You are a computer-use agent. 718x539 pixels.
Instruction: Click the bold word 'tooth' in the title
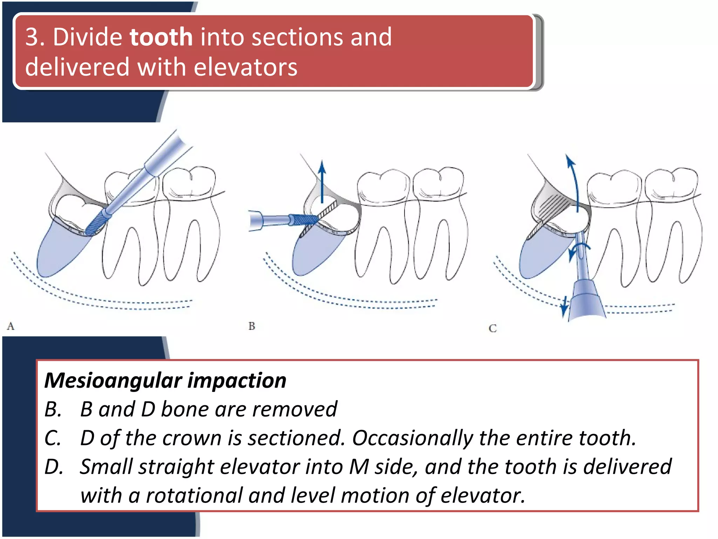pyautogui.click(x=161, y=37)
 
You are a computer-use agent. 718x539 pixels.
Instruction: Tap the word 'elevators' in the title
pyautogui.click(x=245, y=67)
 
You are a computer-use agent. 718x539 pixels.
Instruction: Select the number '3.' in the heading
pyautogui.click(x=35, y=37)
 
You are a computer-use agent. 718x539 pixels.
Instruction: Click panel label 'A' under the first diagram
pyautogui.click(x=11, y=326)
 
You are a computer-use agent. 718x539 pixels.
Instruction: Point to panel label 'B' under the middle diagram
pyautogui.click(x=252, y=326)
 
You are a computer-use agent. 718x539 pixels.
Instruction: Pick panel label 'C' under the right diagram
pyautogui.click(x=493, y=328)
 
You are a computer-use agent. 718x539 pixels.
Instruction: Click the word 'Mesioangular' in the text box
pyautogui.click(x=113, y=380)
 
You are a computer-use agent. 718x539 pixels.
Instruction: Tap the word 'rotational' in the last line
pyautogui.click(x=194, y=495)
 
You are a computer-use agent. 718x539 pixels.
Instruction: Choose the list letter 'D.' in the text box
pyautogui.click(x=54, y=467)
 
